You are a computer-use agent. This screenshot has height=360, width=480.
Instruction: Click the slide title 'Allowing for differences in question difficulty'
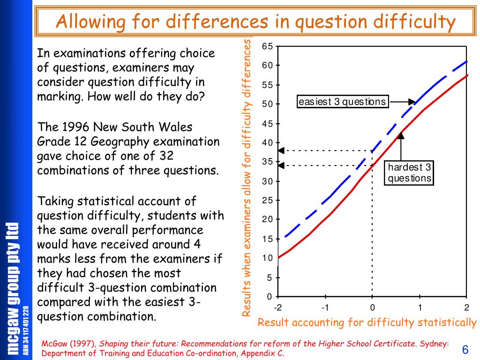click(x=255, y=22)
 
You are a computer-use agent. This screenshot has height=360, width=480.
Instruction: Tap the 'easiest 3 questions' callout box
click(x=343, y=101)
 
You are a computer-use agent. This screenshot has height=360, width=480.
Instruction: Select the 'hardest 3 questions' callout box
click(x=409, y=172)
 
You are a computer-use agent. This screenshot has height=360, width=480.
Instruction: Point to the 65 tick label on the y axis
click(x=267, y=46)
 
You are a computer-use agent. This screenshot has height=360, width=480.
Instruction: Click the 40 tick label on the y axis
click(x=267, y=142)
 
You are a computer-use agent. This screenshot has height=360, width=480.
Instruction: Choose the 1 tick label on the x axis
click(x=420, y=307)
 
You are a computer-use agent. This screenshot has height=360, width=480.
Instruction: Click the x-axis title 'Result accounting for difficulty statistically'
click(x=367, y=322)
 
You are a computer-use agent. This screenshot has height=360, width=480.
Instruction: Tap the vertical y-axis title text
click(x=247, y=178)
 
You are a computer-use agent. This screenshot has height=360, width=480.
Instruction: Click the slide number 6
click(x=465, y=350)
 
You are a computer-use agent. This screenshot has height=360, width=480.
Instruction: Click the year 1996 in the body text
click(x=75, y=127)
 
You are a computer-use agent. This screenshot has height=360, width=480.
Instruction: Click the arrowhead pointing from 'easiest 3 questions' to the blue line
click(x=412, y=102)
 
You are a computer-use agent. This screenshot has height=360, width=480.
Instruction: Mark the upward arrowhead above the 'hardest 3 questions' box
click(x=401, y=135)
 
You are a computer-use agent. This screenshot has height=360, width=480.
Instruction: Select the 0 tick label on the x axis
click(x=372, y=307)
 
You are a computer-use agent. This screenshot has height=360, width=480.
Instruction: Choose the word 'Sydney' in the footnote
click(x=434, y=344)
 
